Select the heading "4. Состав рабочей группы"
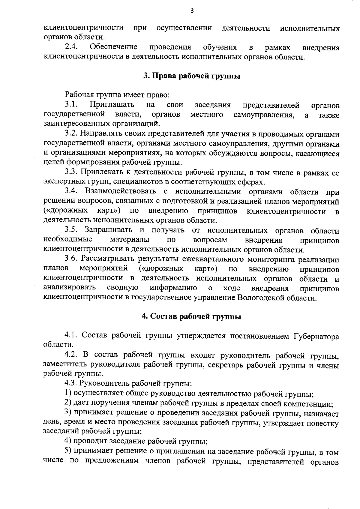click(x=191, y=316)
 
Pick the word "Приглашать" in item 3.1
click(x=112, y=105)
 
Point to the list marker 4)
click(x=68, y=441)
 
